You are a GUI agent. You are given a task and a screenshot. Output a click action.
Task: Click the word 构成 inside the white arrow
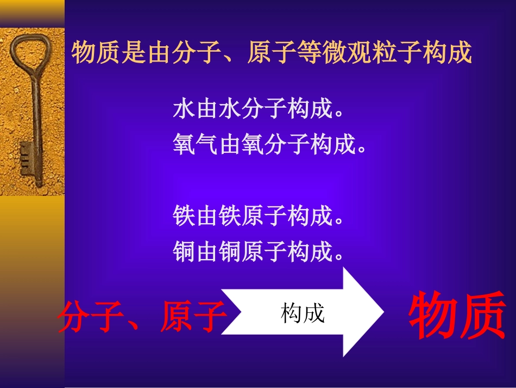coord(303,313)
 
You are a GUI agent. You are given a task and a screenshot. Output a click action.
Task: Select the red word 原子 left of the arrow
coord(193,317)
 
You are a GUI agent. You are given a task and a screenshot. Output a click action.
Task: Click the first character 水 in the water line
coord(184,110)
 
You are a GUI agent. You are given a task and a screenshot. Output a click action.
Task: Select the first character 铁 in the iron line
coord(184,217)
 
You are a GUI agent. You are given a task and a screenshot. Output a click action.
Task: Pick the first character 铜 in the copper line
coord(184,251)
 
